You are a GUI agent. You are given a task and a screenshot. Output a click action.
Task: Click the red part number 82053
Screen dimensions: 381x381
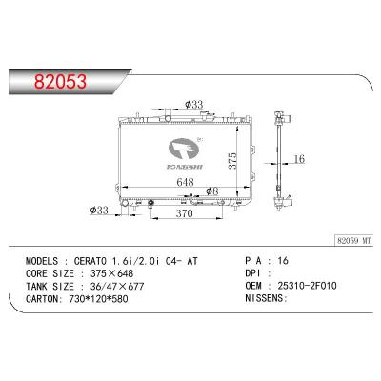pos(60,82)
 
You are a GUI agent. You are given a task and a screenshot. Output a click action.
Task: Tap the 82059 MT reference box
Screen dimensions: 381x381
pos(354,241)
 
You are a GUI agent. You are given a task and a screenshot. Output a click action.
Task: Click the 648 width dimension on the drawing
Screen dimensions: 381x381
pos(185,182)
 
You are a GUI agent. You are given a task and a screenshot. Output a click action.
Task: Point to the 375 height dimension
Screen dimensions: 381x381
pos(232,161)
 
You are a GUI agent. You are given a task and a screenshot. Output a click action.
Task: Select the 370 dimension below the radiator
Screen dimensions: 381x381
pos(185,213)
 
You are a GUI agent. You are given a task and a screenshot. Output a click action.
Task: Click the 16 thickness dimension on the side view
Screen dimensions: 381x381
pos(299,159)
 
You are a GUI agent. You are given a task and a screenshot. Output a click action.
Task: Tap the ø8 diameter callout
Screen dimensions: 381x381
pos(212,191)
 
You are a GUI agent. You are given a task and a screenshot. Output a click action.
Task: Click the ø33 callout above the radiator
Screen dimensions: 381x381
pos(193,104)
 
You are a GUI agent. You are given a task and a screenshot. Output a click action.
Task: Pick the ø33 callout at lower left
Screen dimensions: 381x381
pos(99,210)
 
